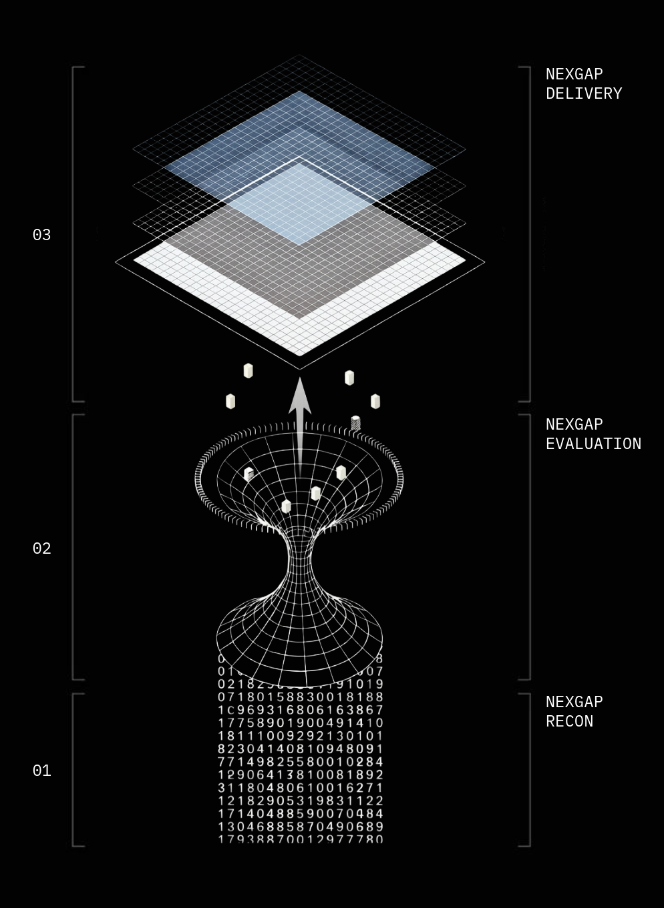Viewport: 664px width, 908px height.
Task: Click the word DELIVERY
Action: [x=584, y=94]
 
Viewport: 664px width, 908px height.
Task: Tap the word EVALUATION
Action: [x=593, y=444]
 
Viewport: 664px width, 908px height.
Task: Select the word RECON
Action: [x=569, y=722]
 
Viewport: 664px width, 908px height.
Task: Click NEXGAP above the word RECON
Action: [x=574, y=703]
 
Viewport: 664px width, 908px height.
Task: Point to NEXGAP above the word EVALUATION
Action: [x=574, y=425]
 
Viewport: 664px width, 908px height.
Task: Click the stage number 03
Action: [x=41, y=235]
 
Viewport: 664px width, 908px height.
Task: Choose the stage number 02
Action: [x=41, y=548]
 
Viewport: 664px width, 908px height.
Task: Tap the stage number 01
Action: [x=41, y=771]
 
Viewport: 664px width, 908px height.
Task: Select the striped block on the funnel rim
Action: [x=355, y=423]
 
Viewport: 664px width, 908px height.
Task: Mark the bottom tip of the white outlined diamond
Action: [x=300, y=368]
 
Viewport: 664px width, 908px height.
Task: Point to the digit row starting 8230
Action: [x=301, y=749]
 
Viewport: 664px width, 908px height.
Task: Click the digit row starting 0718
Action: [x=301, y=697]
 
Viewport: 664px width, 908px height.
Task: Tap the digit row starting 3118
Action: [x=301, y=788]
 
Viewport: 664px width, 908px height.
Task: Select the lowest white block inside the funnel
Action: [x=287, y=506]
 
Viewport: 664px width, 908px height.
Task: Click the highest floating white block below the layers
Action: [x=248, y=371]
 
